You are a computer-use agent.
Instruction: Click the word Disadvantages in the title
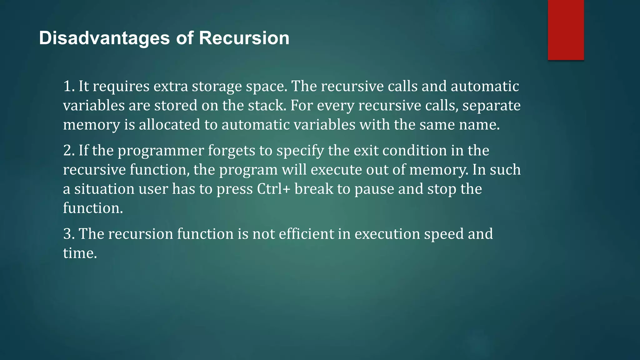(x=104, y=38)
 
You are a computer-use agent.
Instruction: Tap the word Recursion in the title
(x=244, y=38)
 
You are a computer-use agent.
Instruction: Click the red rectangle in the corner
(x=566, y=30)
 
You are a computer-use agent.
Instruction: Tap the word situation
(x=104, y=189)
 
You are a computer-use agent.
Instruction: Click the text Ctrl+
(x=274, y=189)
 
